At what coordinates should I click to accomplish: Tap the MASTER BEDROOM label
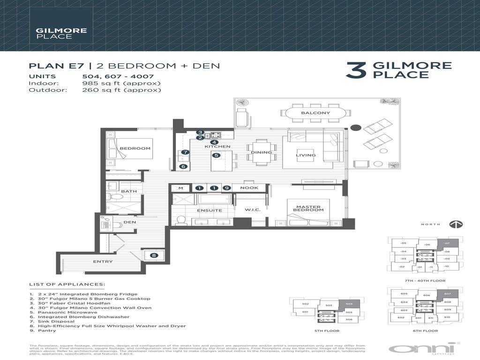308,207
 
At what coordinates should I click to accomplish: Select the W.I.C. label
252,210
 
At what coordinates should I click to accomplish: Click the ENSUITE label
210,210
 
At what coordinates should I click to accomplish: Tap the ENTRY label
103,262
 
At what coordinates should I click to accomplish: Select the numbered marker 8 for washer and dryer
154,255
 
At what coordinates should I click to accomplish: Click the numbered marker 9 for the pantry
226,188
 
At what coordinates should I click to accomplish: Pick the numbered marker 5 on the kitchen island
216,156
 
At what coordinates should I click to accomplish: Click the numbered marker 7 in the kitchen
185,152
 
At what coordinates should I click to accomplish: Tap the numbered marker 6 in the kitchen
183,166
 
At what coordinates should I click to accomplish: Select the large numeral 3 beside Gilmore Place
355,70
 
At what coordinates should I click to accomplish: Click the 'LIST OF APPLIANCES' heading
67,284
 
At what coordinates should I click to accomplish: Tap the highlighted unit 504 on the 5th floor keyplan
349,304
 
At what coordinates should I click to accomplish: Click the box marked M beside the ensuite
180,188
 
